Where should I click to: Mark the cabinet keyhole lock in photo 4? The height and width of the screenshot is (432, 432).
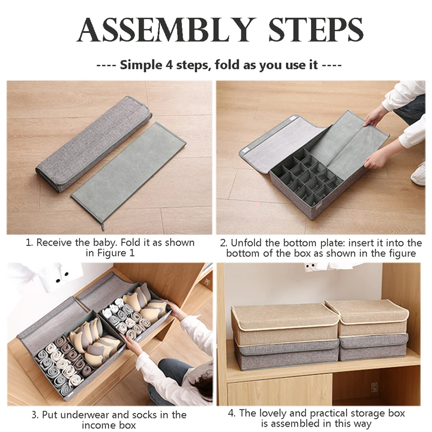[374, 387]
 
